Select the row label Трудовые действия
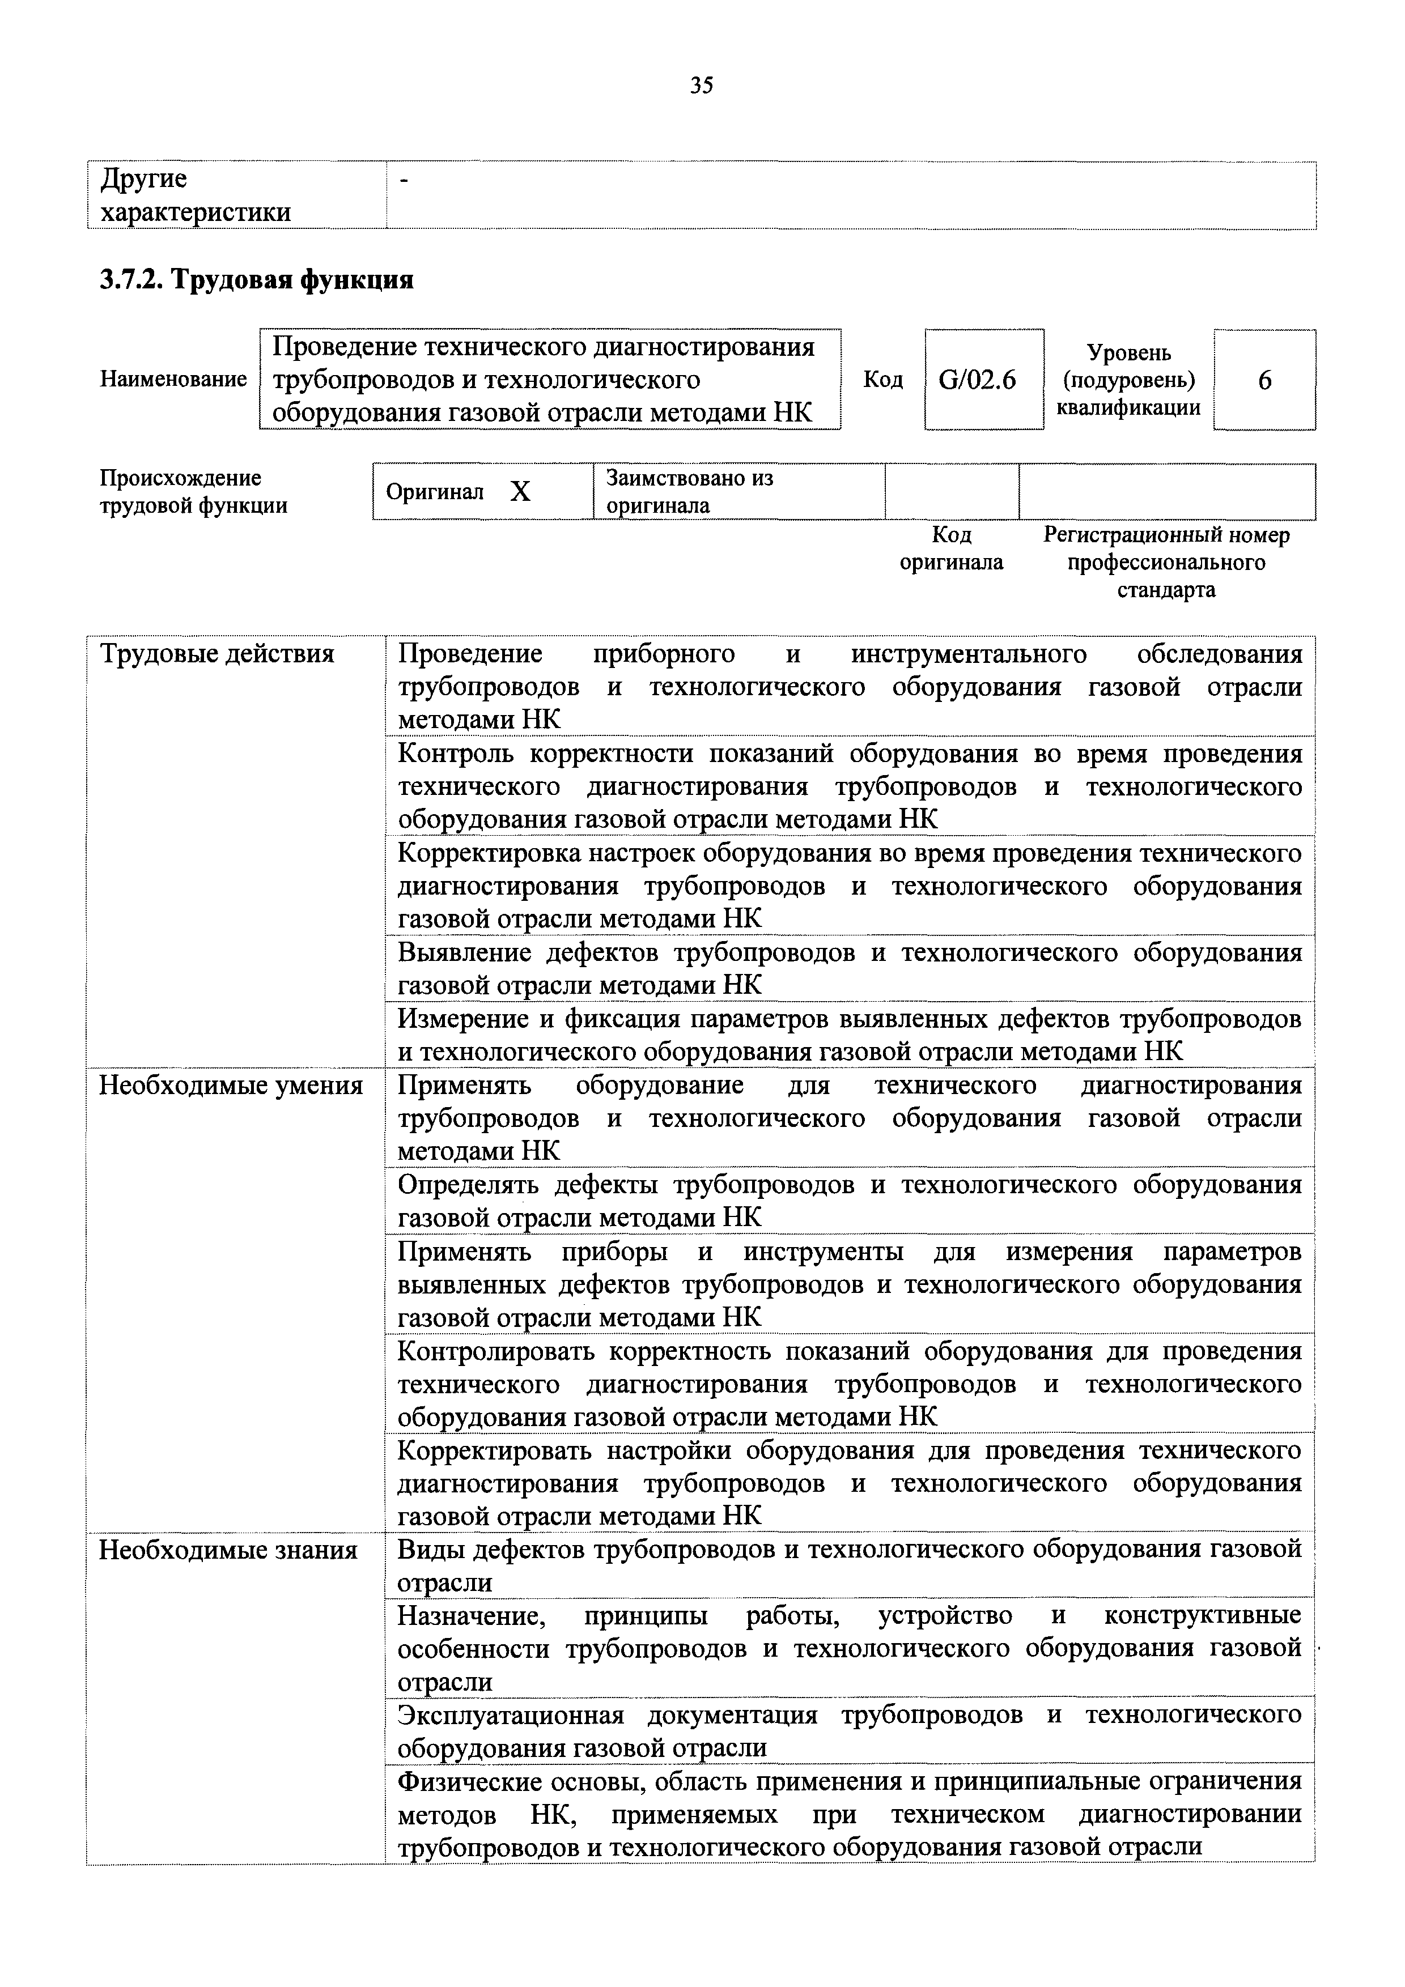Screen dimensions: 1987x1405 [x=217, y=653]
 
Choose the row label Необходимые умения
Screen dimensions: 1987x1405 [x=230, y=1085]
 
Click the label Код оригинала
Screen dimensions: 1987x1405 [x=952, y=548]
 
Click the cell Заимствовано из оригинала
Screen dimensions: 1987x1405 [x=690, y=492]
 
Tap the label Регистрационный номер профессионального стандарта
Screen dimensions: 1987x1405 [x=1166, y=563]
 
